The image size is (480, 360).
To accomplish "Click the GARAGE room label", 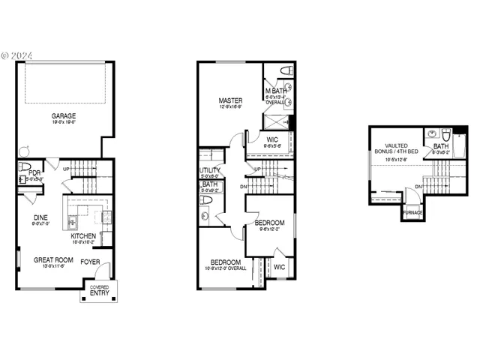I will pyautogui.click(x=63, y=116).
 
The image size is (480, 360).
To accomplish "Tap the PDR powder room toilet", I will pyautogui.click(x=24, y=166).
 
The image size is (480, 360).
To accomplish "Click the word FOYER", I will pyautogui.click(x=91, y=262).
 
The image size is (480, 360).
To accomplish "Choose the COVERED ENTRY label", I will pyautogui.click(x=99, y=290).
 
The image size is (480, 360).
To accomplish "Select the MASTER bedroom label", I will pyautogui.click(x=229, y=100).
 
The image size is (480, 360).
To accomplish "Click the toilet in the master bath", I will pyautogui.click(x=286, y=71).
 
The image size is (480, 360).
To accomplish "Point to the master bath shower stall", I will pyautogui.click(x=277, y=121).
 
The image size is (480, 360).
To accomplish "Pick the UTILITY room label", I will pyautogui.click(x=210, y=170).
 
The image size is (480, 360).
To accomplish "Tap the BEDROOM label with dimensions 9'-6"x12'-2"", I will pyautogui.click(x=269, y=223).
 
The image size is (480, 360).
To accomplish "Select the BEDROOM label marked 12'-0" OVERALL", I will pyautogui.click(x=226, y=262).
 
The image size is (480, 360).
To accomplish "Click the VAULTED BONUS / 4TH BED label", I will pyautogui.click(x=396, y=149).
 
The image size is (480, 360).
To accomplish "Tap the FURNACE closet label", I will pyautogui.click(x=412, y=213).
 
